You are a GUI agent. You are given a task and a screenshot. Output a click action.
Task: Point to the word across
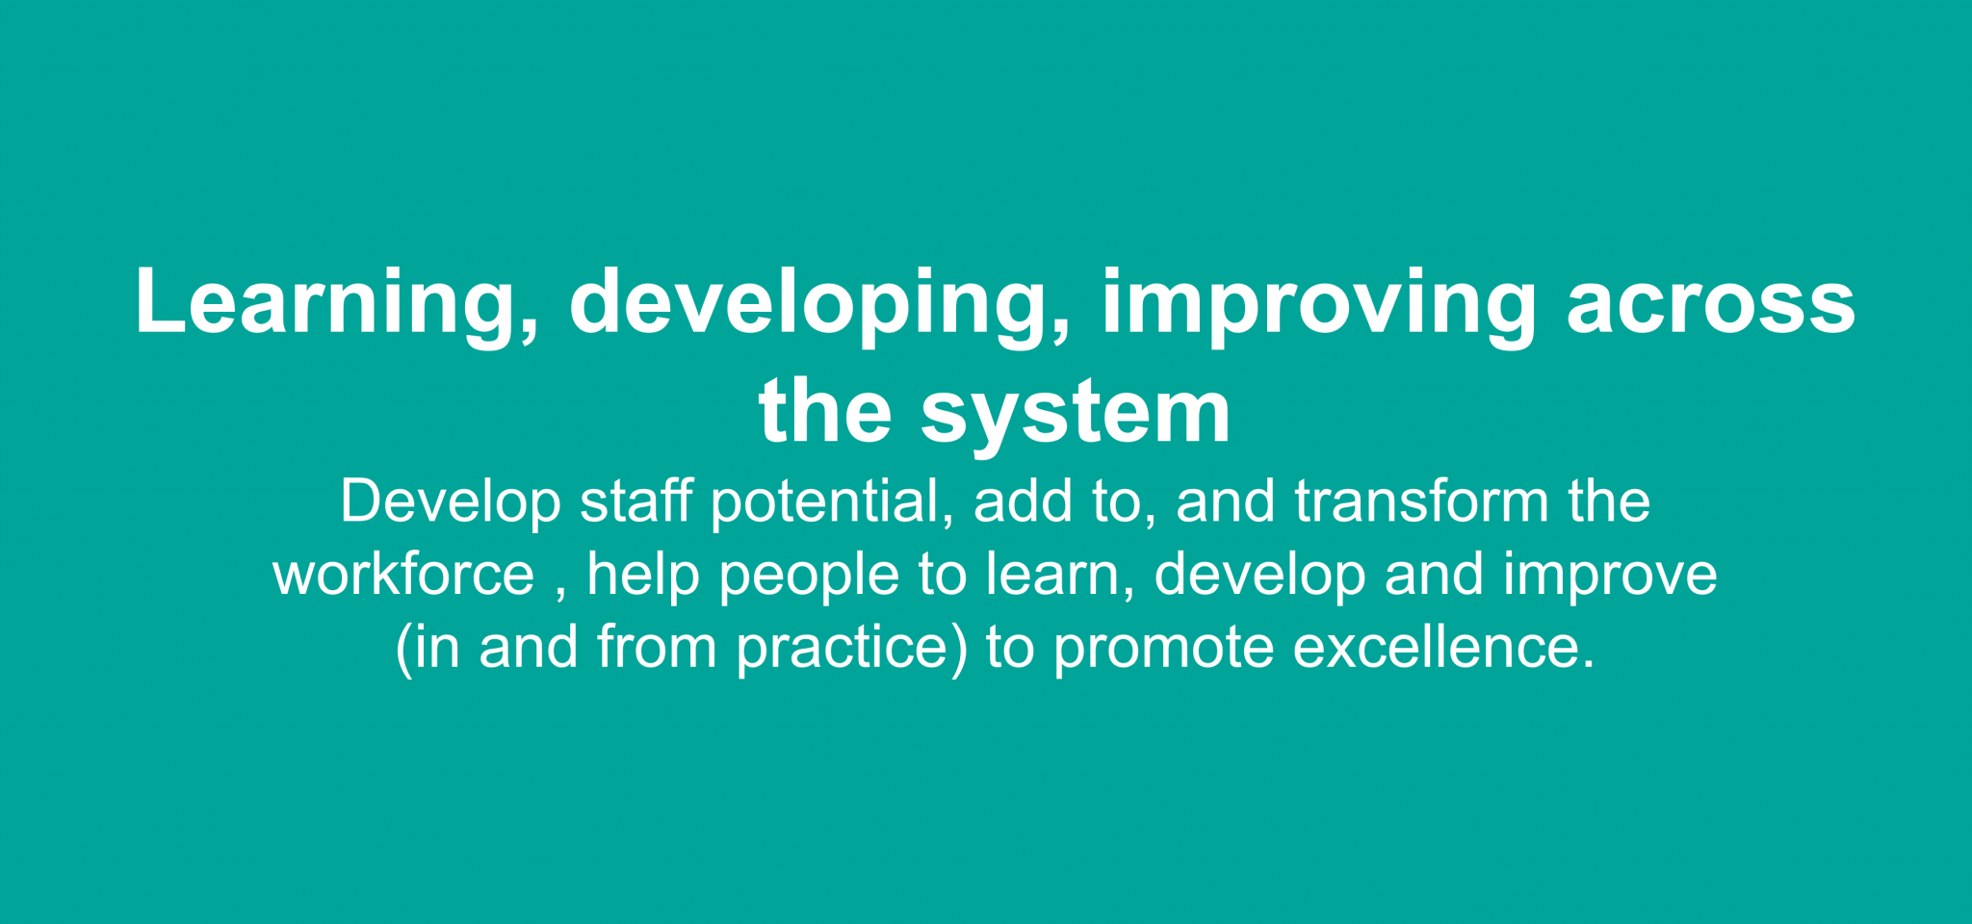tap(1710, 303)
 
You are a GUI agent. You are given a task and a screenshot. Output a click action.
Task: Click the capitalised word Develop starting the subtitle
tap(451, 502)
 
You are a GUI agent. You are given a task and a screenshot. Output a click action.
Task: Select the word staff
tap(636, 501)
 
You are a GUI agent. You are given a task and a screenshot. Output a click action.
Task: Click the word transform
tap(1421, 501)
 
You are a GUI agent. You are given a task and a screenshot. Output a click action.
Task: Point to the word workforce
tap(403, 575)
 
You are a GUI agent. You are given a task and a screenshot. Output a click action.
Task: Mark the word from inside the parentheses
tap(657, 647)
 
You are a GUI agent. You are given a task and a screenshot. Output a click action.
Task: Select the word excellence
tap(1435, 647)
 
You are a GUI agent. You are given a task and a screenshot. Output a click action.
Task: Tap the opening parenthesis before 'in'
tap(404, 649)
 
